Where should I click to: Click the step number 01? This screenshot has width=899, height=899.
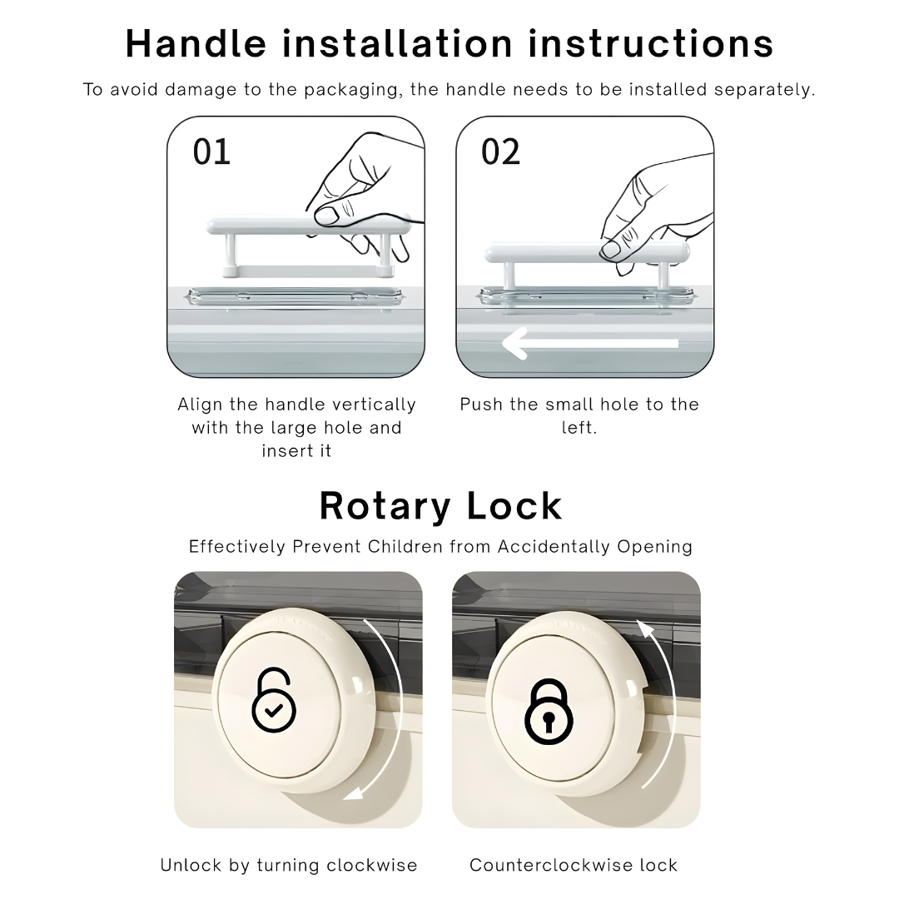[x=211, y=152]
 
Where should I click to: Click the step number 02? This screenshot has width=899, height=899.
[x=500, y=152]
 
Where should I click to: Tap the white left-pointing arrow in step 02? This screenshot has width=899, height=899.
[x=590, y=344]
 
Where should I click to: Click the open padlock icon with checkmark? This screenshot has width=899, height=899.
[x=274, y=699]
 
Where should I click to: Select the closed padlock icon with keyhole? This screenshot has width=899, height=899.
[x=549, y=712]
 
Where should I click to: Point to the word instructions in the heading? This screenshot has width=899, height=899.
[x=651, y=43]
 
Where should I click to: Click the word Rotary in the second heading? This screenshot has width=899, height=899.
[x=385, y=507]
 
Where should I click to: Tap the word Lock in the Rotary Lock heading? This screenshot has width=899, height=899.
[x=514, y=506]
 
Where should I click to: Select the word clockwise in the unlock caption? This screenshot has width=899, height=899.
[x=372, y=865]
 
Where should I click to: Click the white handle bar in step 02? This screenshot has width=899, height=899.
[x=587, y=253]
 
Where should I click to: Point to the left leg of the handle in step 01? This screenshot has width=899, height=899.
[x=230, y=252]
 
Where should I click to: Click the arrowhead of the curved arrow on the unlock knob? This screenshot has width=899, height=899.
[x=353, y=793]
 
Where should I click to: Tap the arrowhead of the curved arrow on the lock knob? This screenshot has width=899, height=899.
[x=646, y=629]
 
